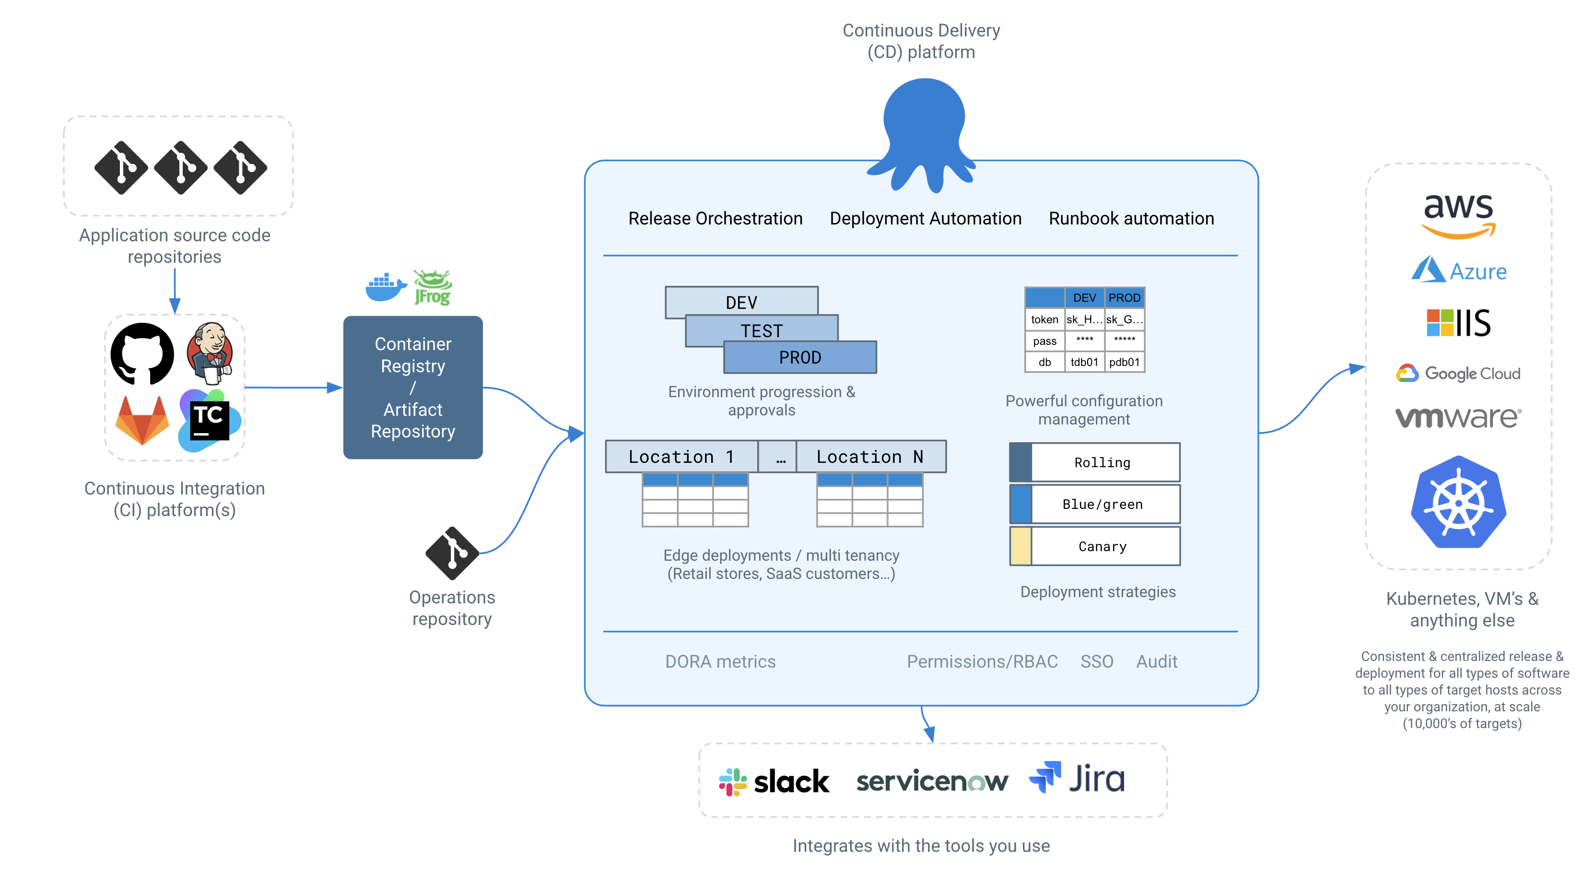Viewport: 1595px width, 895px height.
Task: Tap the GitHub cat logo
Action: click(142, 353)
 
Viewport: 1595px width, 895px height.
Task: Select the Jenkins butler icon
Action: click(211, 353)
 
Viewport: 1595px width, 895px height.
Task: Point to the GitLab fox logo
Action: click(142, 421)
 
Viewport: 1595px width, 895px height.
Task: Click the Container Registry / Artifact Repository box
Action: click(413, 387)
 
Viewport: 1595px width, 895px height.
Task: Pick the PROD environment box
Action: click(800, 357)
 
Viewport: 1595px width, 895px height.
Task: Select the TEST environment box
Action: click(762, 330)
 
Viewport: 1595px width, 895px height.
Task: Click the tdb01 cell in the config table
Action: click(1084, 362)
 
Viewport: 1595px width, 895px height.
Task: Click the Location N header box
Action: click(870, 457)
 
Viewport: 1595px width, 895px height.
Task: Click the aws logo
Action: click(1459, 214)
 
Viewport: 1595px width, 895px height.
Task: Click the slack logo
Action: click(774, 781)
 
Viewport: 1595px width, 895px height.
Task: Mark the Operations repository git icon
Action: click(453, 553)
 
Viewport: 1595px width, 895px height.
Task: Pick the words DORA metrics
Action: click(720, 661)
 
